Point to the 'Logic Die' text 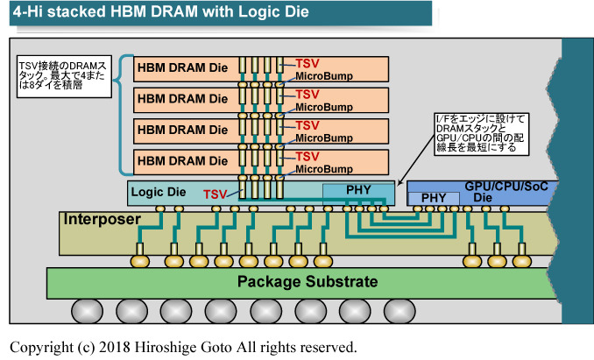pos(159,190)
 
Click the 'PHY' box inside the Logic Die pos(357,190)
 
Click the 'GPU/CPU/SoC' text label pos(511,186)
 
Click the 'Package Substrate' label pos(308,282)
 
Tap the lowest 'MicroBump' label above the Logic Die pos(321,169)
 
